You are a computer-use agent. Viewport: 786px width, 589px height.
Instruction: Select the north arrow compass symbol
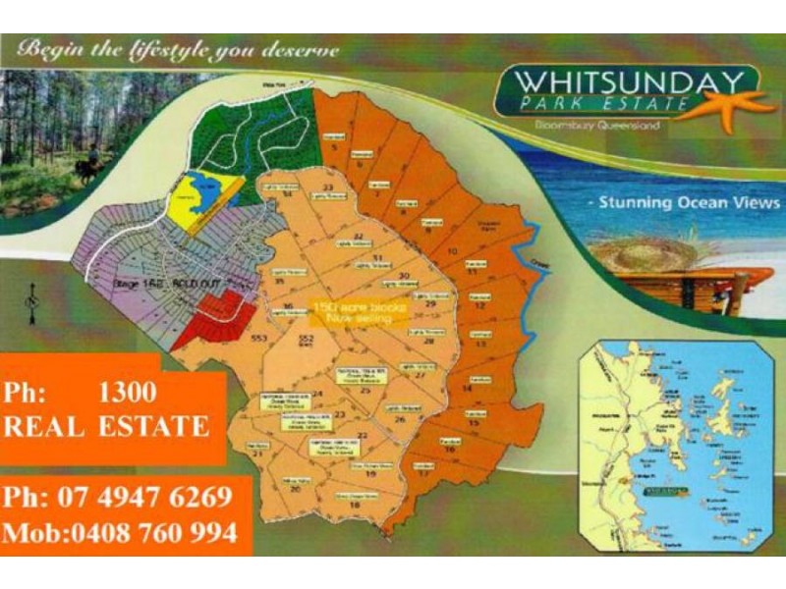pyautogui.click(x=33, y=299)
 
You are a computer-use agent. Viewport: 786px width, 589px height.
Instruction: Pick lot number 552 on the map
pyautogui.click(x=306, y=339)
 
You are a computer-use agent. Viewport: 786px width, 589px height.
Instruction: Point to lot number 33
pyautogui.click(x=327, y=187)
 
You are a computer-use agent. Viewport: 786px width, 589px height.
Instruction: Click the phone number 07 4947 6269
pyautogui.click(x=118, y=497)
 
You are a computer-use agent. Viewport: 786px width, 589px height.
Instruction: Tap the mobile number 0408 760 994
pyautogui.click(x=120, y=533)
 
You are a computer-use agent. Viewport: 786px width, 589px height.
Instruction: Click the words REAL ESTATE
pyautogui.click(x=106, y=426)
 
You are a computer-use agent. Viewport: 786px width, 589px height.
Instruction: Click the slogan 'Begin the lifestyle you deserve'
pyautogui.click(x=179, y=48)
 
